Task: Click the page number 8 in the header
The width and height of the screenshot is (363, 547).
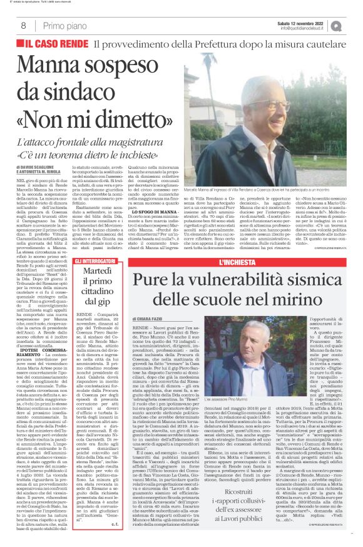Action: coord(23,25)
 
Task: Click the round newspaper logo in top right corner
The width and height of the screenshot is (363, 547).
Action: coord(352,25)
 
